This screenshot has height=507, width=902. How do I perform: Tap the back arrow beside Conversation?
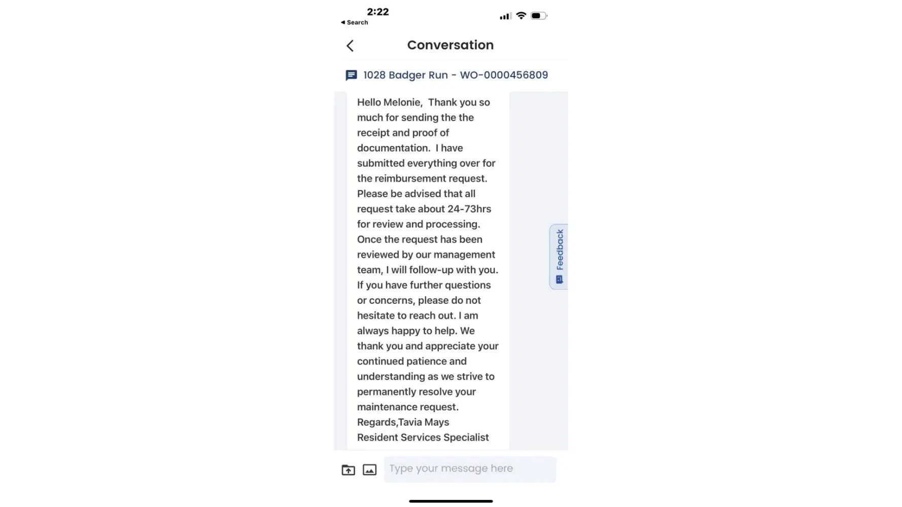(350, 46)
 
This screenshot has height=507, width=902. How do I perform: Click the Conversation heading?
(450, 45)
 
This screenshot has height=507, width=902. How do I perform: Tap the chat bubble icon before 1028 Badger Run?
(351, 76)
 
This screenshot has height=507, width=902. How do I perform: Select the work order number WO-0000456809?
(504, 75)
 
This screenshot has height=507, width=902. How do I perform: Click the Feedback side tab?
(559, 257)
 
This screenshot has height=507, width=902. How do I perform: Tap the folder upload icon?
(348, 470)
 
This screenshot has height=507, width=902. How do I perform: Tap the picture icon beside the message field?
(369, 470)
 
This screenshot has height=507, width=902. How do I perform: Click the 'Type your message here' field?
(469, 469)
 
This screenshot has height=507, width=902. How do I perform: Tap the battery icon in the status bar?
(538, 16)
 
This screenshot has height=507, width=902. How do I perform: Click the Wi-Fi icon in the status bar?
(521, 16)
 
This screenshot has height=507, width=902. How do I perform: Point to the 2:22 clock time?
(377, 12)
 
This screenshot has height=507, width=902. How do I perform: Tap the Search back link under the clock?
(355, 22)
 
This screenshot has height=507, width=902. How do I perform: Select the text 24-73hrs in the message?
(469, 209)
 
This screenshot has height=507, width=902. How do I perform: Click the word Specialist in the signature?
(466, 438)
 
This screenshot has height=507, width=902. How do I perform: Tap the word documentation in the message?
(393, 148)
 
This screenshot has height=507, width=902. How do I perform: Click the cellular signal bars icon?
(505, 16)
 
